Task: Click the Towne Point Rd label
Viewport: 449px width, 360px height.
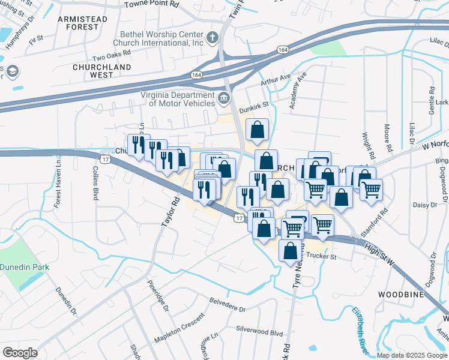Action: [152, 4]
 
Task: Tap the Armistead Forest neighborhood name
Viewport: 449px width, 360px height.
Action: [82, 23]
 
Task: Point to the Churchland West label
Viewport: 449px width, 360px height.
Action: [92, 71]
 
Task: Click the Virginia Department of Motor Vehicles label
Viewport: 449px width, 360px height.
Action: [178, 99]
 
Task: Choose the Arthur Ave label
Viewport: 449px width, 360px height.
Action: [276, 79]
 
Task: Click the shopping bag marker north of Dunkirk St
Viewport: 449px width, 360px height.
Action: [257, 130]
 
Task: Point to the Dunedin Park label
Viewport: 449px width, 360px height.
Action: [24, 267]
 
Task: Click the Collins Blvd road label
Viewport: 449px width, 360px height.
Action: [95, 182]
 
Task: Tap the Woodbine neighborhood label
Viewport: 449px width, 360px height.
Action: [400, 295]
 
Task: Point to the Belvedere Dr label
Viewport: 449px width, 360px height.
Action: [228, 304]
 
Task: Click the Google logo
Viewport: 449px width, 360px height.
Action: [20, 353]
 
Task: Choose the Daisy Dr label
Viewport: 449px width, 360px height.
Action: [425, 205]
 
